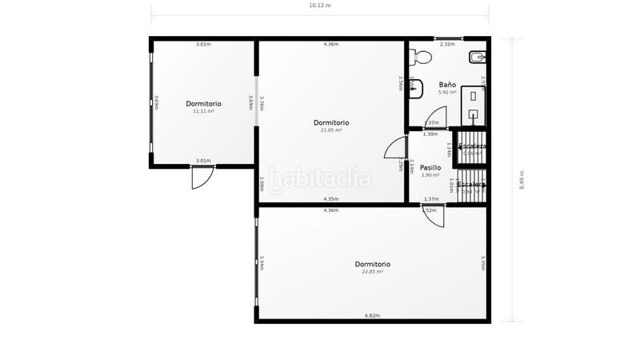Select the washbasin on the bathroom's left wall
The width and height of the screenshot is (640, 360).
click(414, 87)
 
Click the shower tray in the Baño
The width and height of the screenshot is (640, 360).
click(475, 105)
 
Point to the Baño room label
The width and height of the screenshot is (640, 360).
click(447, 84)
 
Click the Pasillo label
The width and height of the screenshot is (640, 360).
click(430, 167)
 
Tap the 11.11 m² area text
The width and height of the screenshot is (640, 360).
click(203, 111)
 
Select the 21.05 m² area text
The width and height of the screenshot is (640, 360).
click(331, 130)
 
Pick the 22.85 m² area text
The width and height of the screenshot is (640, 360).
click(372, 271)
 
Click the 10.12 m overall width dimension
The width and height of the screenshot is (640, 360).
click(319, 5)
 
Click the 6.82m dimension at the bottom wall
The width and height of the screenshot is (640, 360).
click(372, 315)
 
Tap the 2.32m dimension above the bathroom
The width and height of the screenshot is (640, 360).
click(447, 44)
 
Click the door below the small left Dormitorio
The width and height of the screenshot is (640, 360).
click(202, 178)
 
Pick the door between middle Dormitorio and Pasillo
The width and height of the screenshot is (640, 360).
click(395, 150)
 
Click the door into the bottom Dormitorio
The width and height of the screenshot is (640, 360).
click(434, 215)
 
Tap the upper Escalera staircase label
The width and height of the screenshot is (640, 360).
click(470, 146)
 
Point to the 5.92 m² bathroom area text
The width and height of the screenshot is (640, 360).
click(447, 92)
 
